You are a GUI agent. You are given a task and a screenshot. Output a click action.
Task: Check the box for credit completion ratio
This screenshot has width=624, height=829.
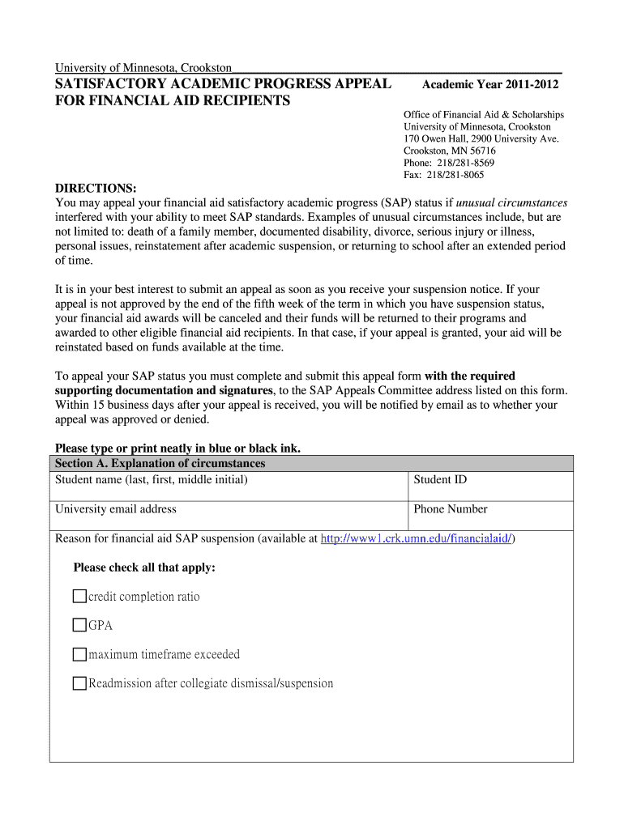(x=79, y=597)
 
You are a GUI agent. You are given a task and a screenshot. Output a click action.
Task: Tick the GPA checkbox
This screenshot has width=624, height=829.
(x=79, y=625)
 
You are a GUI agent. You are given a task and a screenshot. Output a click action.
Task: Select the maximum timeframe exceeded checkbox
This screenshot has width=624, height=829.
(x=79, y=654)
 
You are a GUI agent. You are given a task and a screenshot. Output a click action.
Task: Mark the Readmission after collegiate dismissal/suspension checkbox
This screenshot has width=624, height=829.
(x=79, y=683)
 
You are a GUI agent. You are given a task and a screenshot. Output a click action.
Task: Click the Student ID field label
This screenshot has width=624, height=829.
(x=440, y=480)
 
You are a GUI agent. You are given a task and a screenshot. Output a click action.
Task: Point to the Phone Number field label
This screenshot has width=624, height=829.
(x=451, y=509)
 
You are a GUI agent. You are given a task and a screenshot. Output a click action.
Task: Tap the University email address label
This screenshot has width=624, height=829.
(x=115, y=509)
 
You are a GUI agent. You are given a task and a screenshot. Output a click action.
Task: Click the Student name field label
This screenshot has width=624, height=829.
(x=151, y=480)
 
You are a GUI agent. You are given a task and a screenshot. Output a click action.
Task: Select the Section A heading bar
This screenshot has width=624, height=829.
(x=311, y=464)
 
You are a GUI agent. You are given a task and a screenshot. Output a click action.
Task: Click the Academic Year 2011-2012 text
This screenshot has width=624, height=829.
(x=490, y=85)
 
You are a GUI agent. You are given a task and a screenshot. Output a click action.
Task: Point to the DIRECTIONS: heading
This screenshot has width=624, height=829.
(x=96, y=189)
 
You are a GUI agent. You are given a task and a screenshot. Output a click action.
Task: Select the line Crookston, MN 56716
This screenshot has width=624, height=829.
(x=449, y=151)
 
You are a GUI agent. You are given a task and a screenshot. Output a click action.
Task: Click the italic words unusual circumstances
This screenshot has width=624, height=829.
(x=512, y=202)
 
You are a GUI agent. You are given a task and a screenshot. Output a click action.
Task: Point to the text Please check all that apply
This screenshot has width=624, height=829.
(x=144, y=568)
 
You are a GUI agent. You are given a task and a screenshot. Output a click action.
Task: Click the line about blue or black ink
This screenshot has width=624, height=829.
(x=177, y=448)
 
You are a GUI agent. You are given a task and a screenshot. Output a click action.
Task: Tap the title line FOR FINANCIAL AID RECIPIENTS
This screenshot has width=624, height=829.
(x=172, y=100)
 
